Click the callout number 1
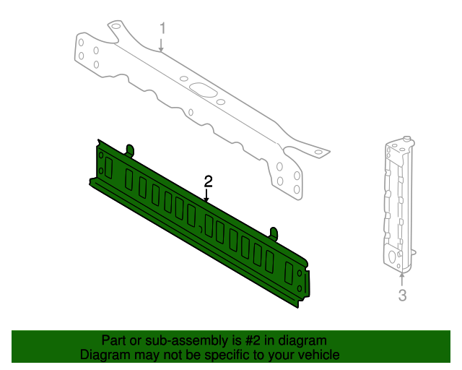click(x=162, y=28)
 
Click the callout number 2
click(x=208, y=180)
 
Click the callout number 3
click(x=403, y=295)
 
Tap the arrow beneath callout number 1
click(x=162, y=45)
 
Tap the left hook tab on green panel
click(x=131, y=149)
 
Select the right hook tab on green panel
click(x=274, y=232)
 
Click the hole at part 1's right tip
click(x=317, y=152)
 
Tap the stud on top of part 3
click(x=408, y=137)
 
